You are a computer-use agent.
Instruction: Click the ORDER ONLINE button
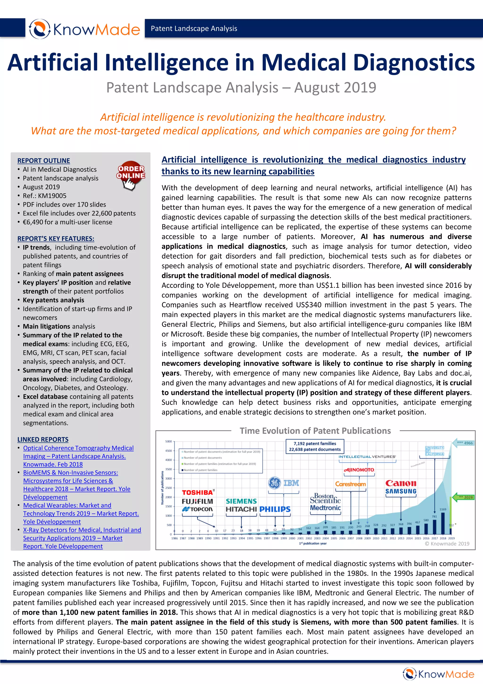(x=131, y=176)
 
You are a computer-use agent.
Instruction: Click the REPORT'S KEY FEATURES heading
(x=56, y=239)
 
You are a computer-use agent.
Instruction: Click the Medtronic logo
(x=325, y=508)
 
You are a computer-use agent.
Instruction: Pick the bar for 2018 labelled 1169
(x=443, y=523)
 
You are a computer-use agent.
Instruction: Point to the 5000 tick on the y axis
(x=168, y=442)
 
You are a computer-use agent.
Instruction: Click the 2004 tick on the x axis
(x=325, y=538)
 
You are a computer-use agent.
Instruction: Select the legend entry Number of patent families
(x=200, y=470)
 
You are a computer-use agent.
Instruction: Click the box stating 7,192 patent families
(x=315, y=446)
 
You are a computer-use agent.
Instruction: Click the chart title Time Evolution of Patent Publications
(x=315, y=431)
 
